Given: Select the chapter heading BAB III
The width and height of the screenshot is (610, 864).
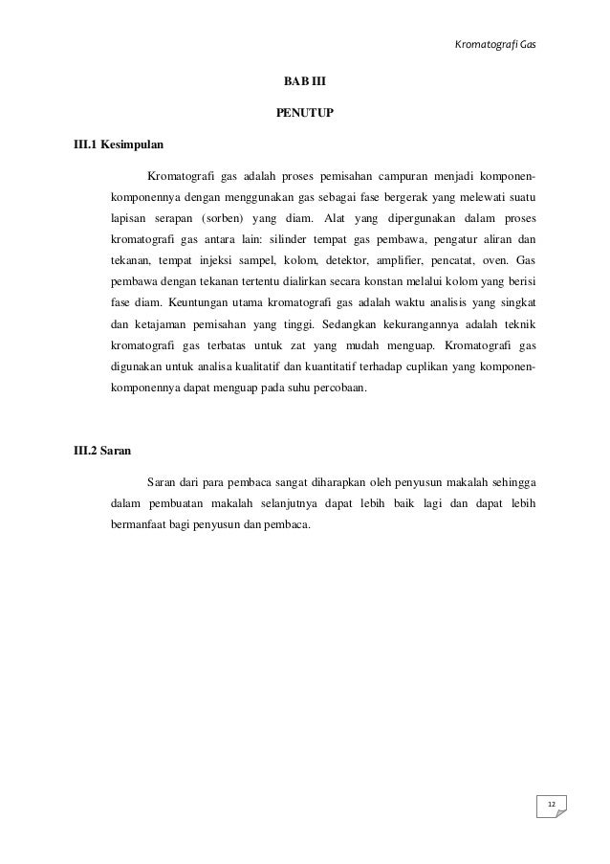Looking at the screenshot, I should pos(305,82).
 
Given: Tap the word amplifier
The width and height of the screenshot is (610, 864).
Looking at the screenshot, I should pos(413,260).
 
